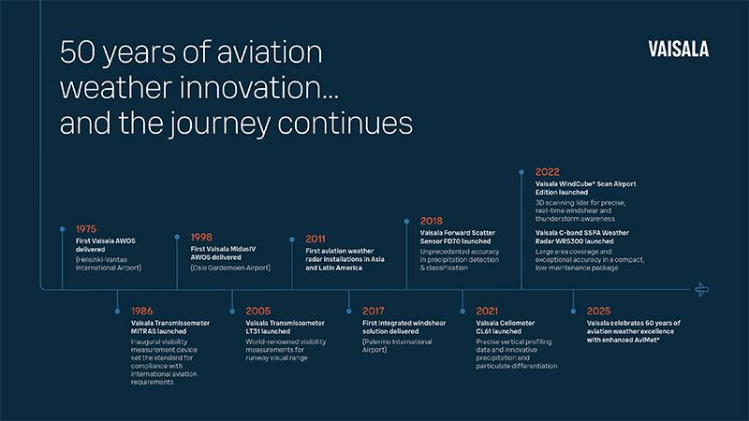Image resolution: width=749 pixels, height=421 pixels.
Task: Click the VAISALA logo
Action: click(x=678, y=50)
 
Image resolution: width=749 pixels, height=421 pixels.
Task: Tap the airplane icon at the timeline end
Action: click(x=702, y=289)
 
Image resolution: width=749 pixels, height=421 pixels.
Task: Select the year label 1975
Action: click(x=87, y=227)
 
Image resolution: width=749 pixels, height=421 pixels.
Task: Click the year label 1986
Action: click(x=143, y=310)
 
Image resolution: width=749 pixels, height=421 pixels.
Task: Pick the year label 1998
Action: click(x=207, y=237)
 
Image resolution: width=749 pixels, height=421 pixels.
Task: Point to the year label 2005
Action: click(x=259, y=310)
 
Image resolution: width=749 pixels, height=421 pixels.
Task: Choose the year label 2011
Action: click(x=316, y=239)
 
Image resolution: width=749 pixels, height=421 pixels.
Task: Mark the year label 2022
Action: click(x=548, y=172)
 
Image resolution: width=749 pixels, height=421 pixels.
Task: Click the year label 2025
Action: click(x=600, y=310)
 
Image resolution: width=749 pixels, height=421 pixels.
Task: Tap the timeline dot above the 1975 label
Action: click(x=63, y=228)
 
